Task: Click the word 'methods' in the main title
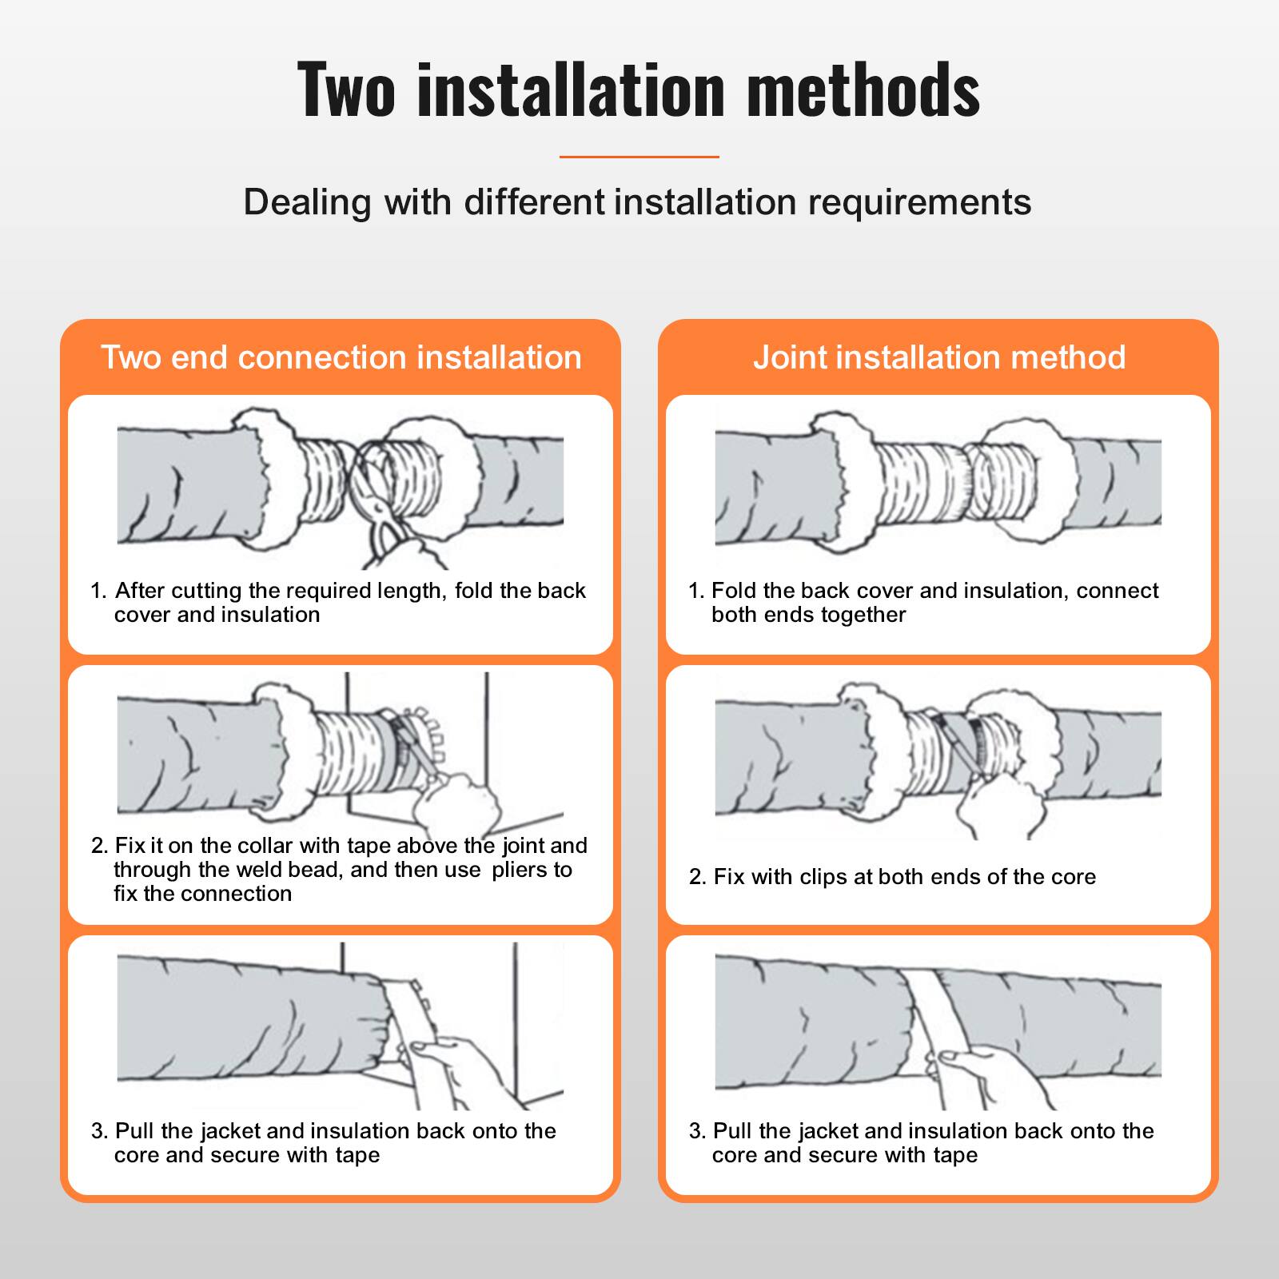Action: pos(863,90)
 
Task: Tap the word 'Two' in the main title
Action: pos(346,90)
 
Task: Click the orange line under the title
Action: pos(639,157)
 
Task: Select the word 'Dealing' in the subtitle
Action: pos(308,202)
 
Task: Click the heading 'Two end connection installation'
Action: pos(341,357)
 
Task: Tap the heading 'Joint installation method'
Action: pos(939,357)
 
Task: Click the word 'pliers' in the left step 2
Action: pos(532,870)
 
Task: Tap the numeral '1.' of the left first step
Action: pos(98,592)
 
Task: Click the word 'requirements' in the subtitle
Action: pos(919,202)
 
